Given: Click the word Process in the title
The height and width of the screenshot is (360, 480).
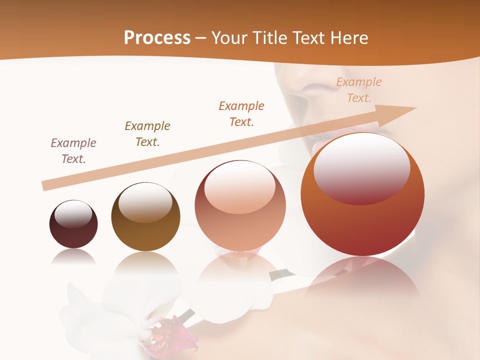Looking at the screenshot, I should pos(157,38).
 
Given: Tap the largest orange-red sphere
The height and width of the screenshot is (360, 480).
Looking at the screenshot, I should pos(362,220).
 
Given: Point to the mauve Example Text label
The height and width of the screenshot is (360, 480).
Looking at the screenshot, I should pos(73,151).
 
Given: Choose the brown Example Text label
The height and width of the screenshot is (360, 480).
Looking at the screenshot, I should pos(147,134).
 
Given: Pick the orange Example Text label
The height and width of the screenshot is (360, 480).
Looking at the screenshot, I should pos(241,113).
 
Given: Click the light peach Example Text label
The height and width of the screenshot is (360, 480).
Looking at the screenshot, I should pos(359,90).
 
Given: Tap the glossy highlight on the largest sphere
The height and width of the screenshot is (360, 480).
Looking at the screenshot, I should pos(361,167).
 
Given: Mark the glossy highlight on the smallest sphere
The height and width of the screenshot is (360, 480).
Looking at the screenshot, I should pos(73,214).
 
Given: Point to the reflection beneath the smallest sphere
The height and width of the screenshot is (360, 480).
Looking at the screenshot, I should pos(73,257).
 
